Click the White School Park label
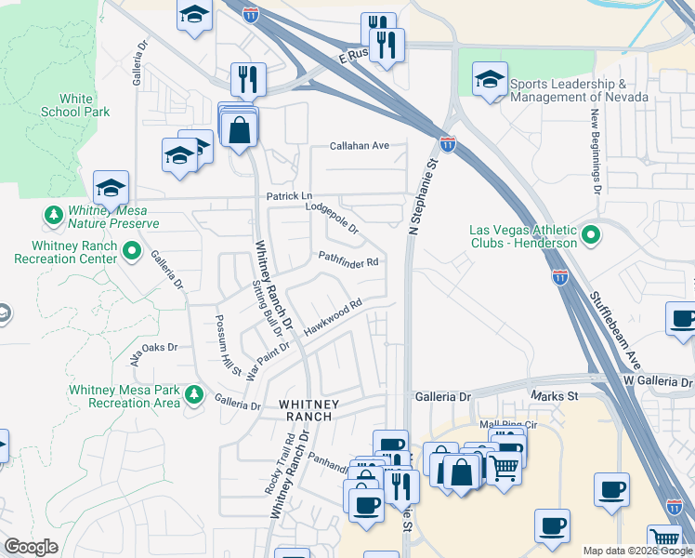75,105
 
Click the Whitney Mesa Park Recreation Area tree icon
194,395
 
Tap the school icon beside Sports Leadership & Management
490,81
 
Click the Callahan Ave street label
360,146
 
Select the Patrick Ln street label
289,196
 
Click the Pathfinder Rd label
348,260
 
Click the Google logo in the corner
31,547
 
